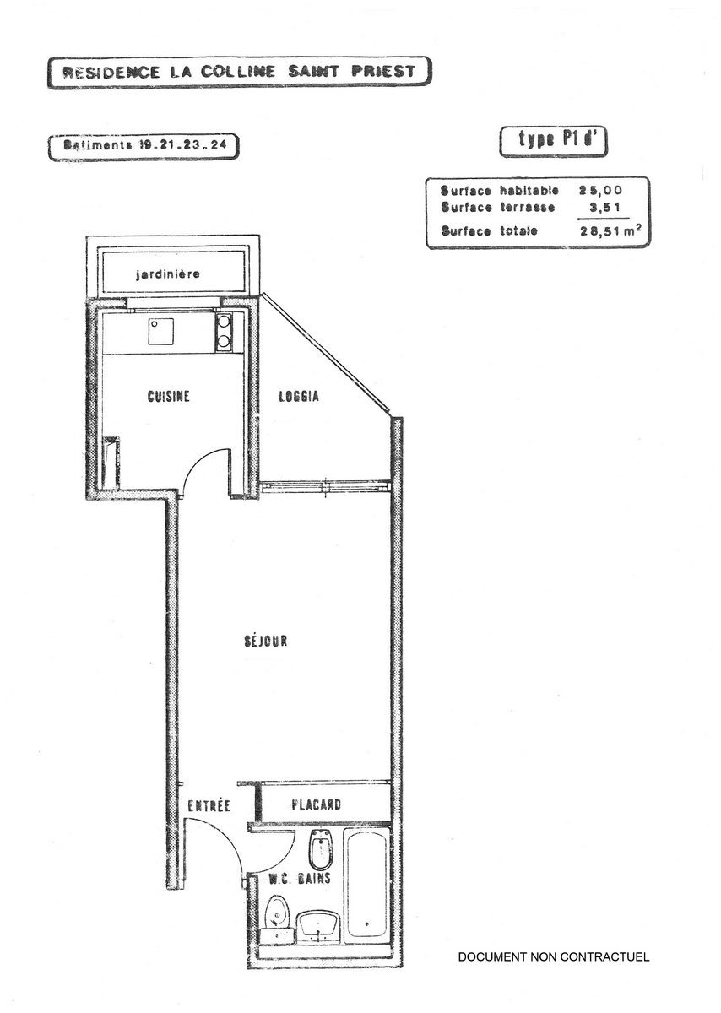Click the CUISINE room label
pyautogui.click(x=168, y=396)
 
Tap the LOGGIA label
pyautogui.click(x=299, y=396)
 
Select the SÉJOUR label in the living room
pyautogui.click(x=266, y=641)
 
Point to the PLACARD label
pyautogui.click(x=316, y=804)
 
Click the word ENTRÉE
pyautogui.click(x=209, y=805)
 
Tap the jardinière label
pyautogui.click(x=168, y=274)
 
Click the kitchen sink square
pyautogui.click(x=160, y=332)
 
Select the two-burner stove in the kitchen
pyautogui.click(x=224, y=333)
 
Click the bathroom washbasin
pyautogui.click(x=319, y=927)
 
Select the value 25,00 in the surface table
pyautogui.click(x=600, y=191)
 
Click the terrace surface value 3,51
pyautogui.click(x=604, y=207)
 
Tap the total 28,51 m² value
pyautogui.click(x=610, y=230)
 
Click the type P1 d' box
pyautogui.click(x=553, y=142)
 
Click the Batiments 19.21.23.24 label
pyautogui.click(x=144, y=146)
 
